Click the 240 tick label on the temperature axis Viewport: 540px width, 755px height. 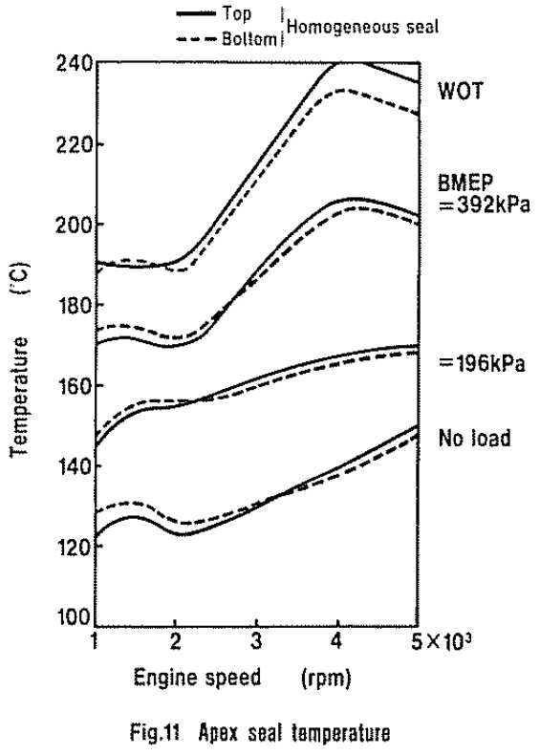pos(74,63)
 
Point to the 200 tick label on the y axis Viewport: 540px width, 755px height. pos(74,225)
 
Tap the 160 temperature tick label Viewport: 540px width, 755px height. pos(74,385)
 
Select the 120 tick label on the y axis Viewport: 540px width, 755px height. pos(74,547)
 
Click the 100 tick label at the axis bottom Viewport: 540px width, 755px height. pos(74,616)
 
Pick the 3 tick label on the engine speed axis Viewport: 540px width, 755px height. pos(256,641)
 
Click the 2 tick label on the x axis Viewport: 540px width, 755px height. pos(175,641)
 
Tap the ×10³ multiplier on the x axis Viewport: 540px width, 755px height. pos(449,640)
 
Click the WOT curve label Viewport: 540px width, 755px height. pos(460,91)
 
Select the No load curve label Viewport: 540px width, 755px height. pos(474,438)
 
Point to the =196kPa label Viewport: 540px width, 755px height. pos(482,363)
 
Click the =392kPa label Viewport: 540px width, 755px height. pos(485,205)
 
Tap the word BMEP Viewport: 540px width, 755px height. pos(465,183)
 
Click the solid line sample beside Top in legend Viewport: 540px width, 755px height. pos(196,14)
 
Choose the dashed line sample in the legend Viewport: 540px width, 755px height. pos(196,40)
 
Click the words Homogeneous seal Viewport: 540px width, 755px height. pos(363,27)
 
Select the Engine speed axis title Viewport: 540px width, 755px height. pos(198,678)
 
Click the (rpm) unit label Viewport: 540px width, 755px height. pos(326,679)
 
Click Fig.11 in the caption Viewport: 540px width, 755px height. pos(155,733)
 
